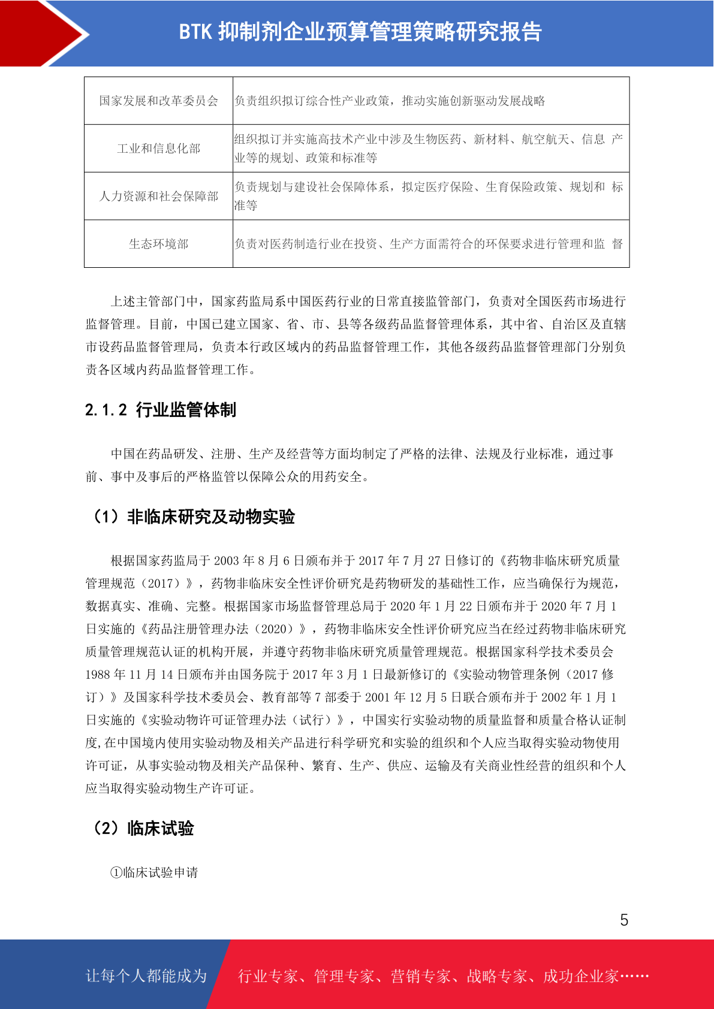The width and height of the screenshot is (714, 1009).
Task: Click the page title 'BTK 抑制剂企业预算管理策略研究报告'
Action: pyautogui.click(x=360, y=32)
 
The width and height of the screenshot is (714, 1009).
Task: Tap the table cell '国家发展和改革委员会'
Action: pyautogui.click(x=158, y=101)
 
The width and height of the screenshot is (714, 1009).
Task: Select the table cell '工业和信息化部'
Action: pyautogui.click(x=158, y=149)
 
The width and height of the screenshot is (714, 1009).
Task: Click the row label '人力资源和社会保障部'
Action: pyautogui.click(x=158, y=197)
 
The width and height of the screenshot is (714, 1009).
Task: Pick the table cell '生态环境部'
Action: pyautogui.click(x=158, y=244)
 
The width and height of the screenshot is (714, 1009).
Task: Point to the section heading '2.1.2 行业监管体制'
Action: pyautogui.click(x=161, y=410)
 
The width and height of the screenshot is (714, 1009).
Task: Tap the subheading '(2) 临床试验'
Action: pyautogui.click(x=143, y=828)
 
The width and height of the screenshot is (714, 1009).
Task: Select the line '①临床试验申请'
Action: pyautogui.click(x=154, y=872)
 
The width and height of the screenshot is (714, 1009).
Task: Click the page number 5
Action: pyautogui.click(x=624, y=920)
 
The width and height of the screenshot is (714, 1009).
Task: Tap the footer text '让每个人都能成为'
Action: pyautogui.click(x=146, y=976)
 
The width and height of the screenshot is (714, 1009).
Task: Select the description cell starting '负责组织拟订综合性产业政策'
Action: pyautogui.click(x=390, y=101)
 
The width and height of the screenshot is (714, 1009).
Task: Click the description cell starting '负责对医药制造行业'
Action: pyautogui.click(x=429, y=244)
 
